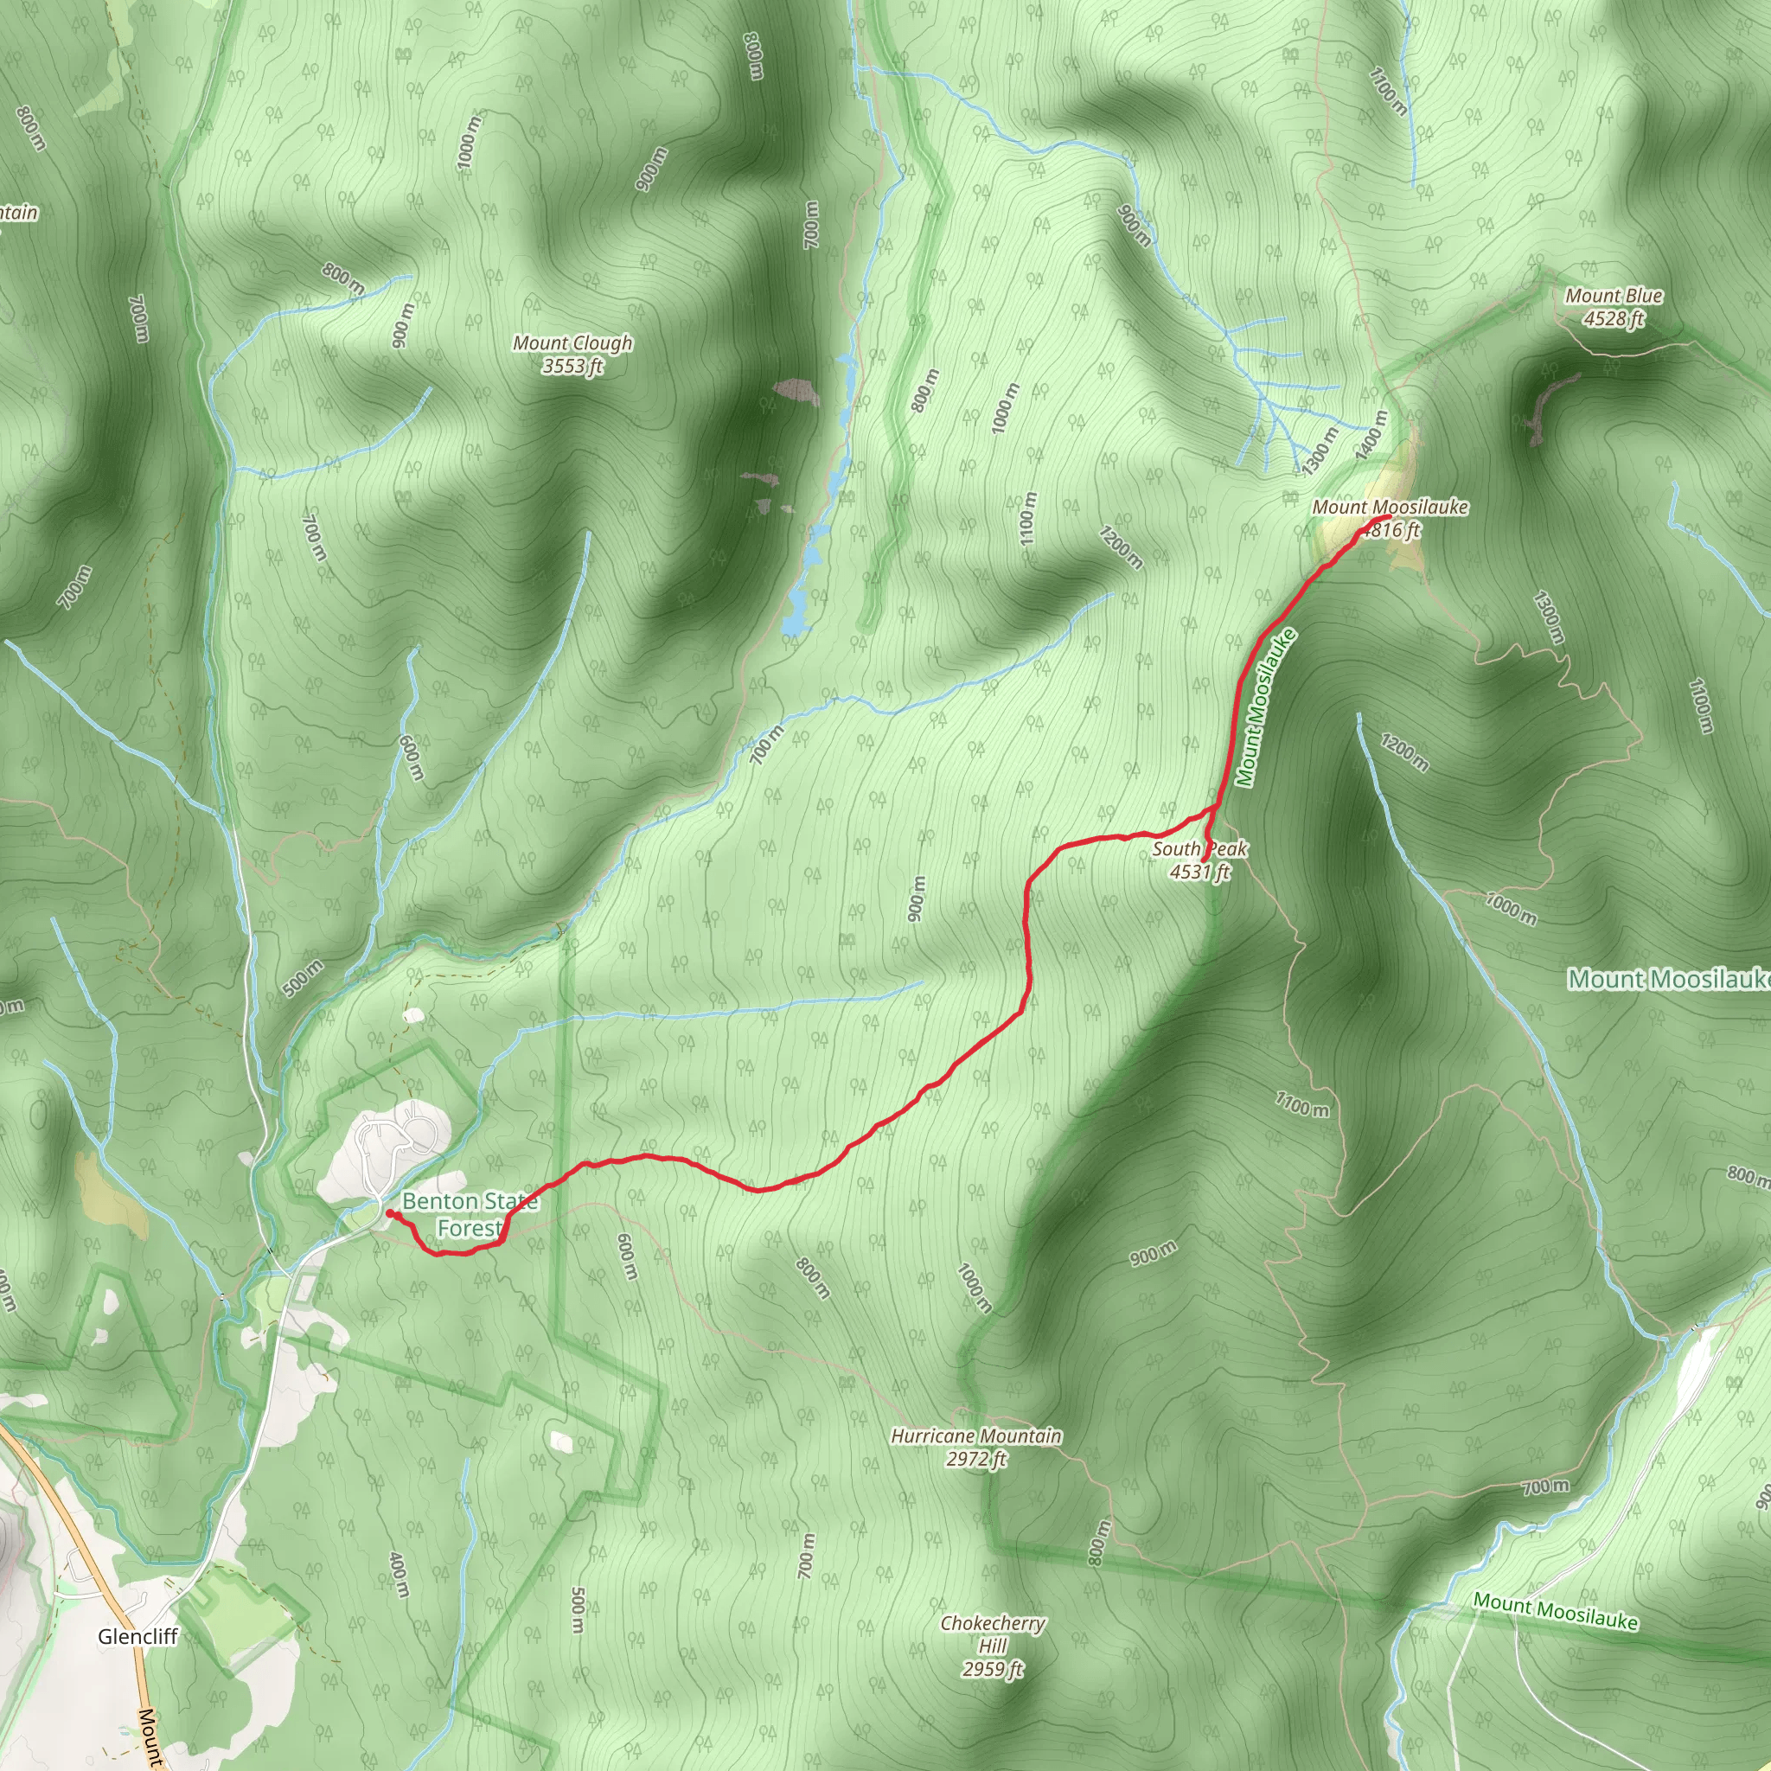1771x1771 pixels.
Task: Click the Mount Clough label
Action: [573, 342]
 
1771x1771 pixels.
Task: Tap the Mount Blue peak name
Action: [1614, 295]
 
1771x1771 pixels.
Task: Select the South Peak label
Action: [1199, 849]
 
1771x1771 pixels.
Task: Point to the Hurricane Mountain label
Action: [976, 1435]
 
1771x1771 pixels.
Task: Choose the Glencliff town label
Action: [137, 1636]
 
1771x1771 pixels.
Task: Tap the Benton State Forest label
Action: [470, 1213]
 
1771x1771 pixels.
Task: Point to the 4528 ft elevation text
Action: [1614, 318]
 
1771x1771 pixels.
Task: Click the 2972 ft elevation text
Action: [976, 1459]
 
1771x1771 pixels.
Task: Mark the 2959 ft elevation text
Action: [993, 1669]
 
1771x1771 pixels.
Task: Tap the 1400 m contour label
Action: [1372, 432]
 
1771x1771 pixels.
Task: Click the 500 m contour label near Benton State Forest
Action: [303, 978]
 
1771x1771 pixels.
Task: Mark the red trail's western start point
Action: [390, 1212]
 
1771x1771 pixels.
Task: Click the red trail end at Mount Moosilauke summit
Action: [1390, 519]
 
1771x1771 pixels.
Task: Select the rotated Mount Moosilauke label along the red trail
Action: [1266, 707]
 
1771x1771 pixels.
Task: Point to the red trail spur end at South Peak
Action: [1204, 860]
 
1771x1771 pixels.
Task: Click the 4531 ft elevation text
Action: [1199, 872]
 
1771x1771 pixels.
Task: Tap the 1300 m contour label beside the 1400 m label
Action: [1320, 450]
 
